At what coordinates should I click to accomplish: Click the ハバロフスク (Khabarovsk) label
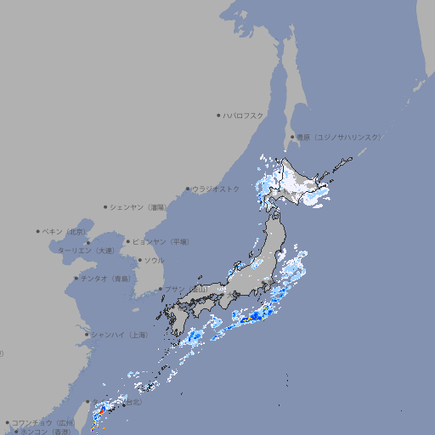coord(244,115)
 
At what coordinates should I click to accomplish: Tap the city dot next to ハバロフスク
coord(218,115)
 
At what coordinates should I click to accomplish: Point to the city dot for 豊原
coord(292,137)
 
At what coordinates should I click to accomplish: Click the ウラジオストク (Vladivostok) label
coord(216,189)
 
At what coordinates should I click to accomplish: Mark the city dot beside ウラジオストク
coord(188,189)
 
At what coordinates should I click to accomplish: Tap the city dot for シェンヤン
coord(106,206)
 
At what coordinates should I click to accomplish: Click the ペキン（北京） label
coord(65,231)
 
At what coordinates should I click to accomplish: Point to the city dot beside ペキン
coord(38,231)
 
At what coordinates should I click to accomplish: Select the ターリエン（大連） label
coord(86,251)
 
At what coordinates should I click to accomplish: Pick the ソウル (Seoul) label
coord(154,260)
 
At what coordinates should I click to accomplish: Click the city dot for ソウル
coord(139,260)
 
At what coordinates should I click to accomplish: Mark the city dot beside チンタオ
coord(76,278)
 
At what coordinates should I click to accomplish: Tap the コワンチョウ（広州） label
coord(42,422)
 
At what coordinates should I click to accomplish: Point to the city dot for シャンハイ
coord(86,335)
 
